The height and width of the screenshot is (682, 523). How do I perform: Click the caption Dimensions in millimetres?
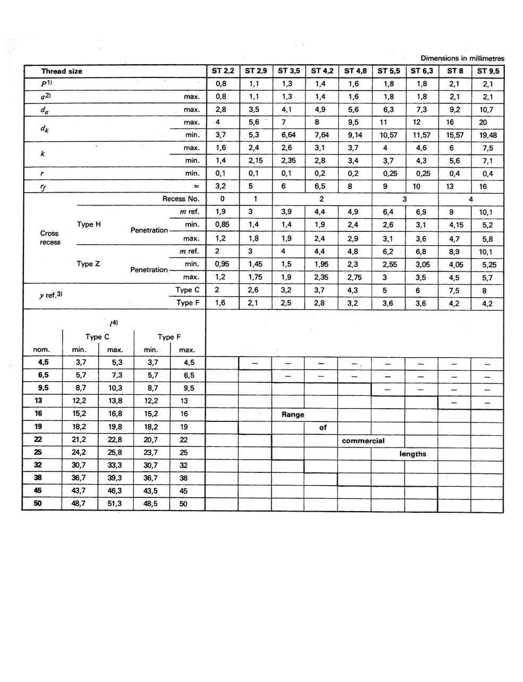coord(462,58)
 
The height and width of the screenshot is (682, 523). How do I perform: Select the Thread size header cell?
coord(62,71)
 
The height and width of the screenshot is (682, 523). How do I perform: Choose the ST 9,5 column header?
coord(488,71)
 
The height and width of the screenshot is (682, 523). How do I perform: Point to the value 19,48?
coord(488,135)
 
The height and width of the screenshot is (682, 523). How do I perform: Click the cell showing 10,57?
coord(388,135)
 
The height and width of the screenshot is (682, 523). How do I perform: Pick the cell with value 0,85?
coord(222,225)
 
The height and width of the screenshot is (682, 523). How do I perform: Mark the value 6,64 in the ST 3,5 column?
coord(288,135)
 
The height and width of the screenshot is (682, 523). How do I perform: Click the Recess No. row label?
coord(181,199)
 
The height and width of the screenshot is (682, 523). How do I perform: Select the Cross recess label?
coord(50,238)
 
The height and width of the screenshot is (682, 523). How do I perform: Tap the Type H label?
coord(89,225)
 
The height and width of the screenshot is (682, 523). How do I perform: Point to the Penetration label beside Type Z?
coord(149,270)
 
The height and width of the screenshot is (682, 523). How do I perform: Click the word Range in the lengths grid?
coord(293,415)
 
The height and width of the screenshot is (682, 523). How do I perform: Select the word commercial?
coord(363,441)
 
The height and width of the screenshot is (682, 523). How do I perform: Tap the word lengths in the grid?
coord(413,454)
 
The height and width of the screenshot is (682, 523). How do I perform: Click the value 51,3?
coord(115,504)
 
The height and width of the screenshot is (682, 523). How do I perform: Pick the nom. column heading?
coord(41,350)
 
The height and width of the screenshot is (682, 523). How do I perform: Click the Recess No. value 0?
coord(222,199)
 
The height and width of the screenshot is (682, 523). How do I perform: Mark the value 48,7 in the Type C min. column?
coord(81,504)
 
